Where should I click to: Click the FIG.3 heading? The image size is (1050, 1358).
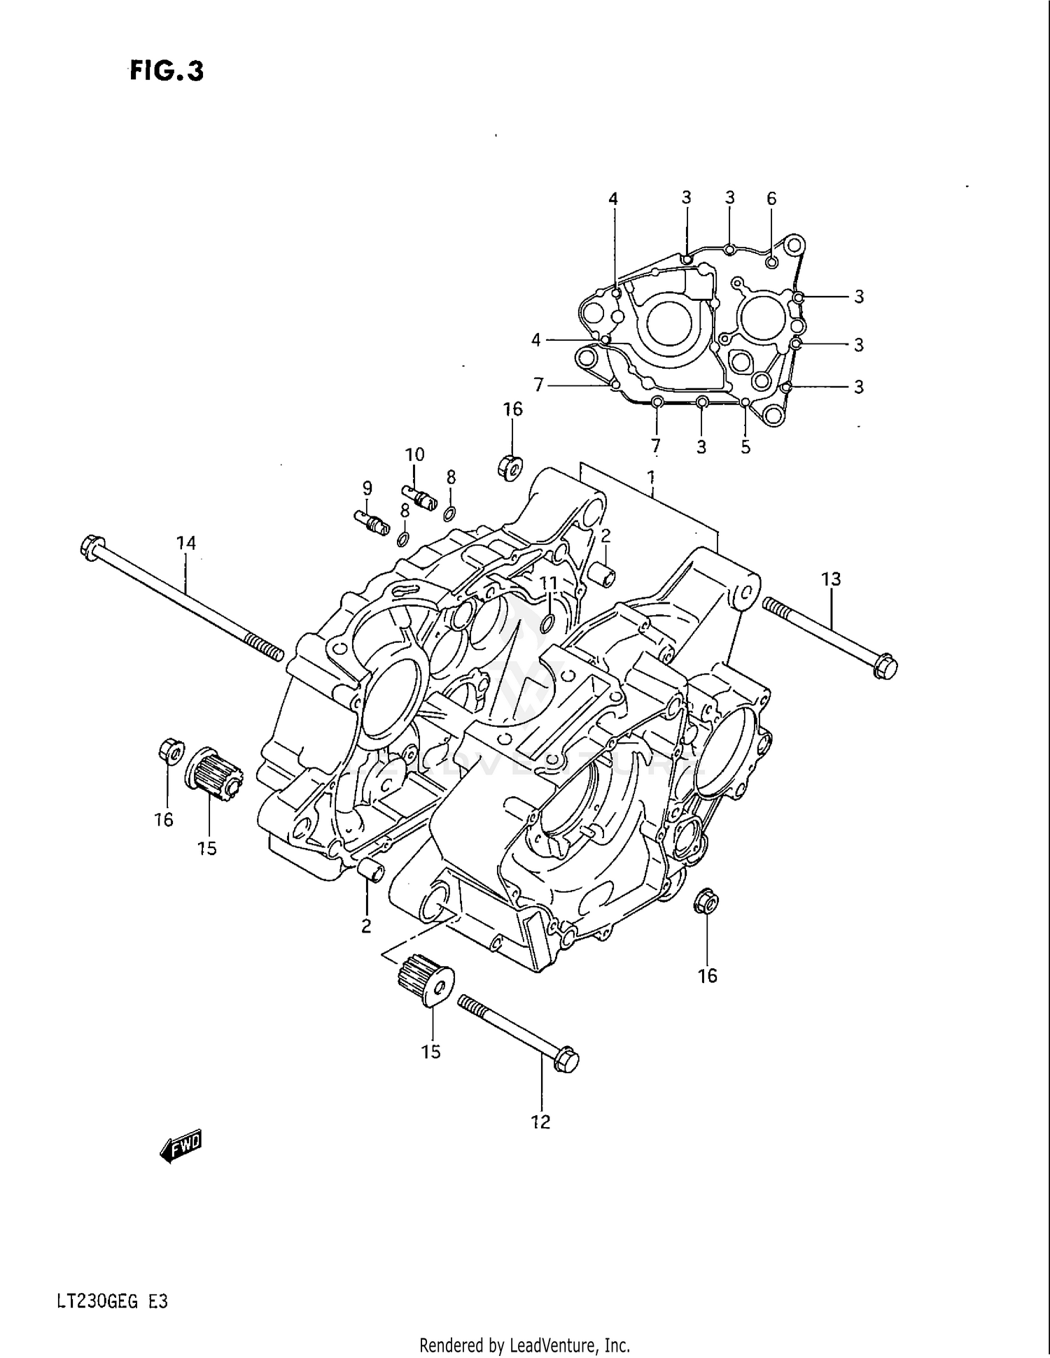(167, 71)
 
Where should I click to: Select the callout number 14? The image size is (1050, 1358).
(185, 543)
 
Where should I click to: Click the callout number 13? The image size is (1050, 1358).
(831, 579)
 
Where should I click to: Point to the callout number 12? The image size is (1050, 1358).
(540, 1122)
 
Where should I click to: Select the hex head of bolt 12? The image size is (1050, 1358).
(566, 1060)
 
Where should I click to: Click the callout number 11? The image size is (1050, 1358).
(549, 583)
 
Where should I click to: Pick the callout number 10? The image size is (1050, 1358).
(414, 455)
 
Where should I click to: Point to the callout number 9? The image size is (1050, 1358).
(367, 488)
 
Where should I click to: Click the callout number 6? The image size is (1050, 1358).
(771, 199)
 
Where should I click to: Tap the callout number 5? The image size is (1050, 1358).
(745, 446)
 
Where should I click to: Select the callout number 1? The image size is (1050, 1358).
(651, 478)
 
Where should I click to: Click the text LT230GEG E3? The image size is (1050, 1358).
(112, 1303)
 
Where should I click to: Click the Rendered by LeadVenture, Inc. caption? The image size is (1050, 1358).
(524, 1345)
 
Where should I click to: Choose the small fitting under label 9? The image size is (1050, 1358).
(372, 522)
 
